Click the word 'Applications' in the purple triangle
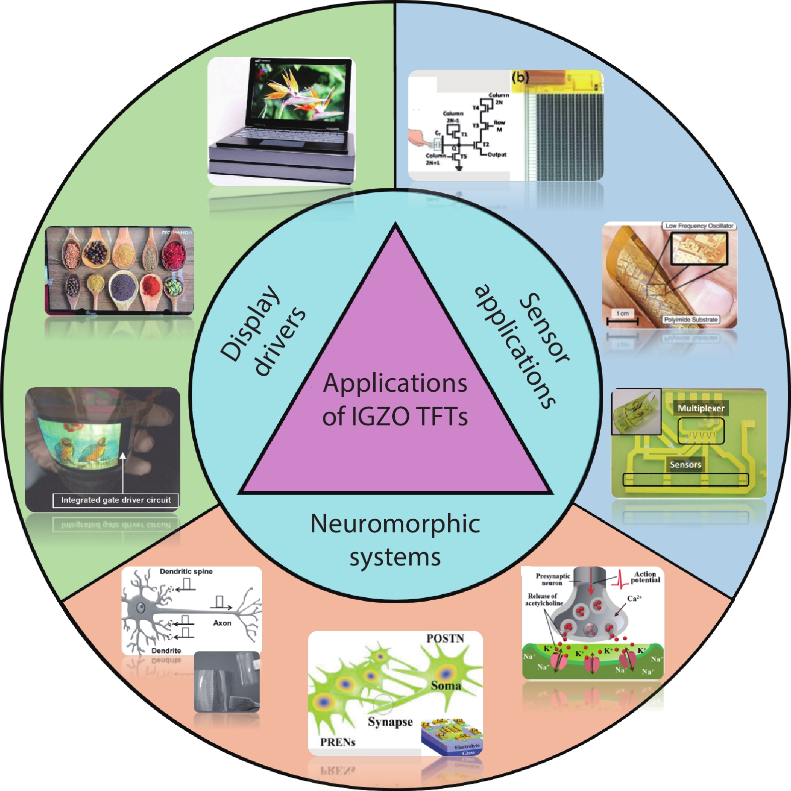pos(395,384)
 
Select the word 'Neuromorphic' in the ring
pos(395,524)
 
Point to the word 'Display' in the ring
pos(250,322)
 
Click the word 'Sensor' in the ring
pos(545,327)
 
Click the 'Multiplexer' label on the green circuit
pos(701,408)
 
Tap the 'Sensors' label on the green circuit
pos(685,465)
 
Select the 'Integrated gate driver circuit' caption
pos(116,500)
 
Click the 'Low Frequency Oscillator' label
pos(699,226)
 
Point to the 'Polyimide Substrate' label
pos(691,319)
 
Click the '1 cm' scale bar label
pos(622,313)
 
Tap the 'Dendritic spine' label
pos(186,572)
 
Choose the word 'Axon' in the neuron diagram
pos(222,623)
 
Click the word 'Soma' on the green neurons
pos(445,686)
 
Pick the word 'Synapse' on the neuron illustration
pos(390,722)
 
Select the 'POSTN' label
pos(445,638)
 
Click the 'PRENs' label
pos(337,742)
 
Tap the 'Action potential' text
pos(645,577)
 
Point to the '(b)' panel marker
pos(521,77)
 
